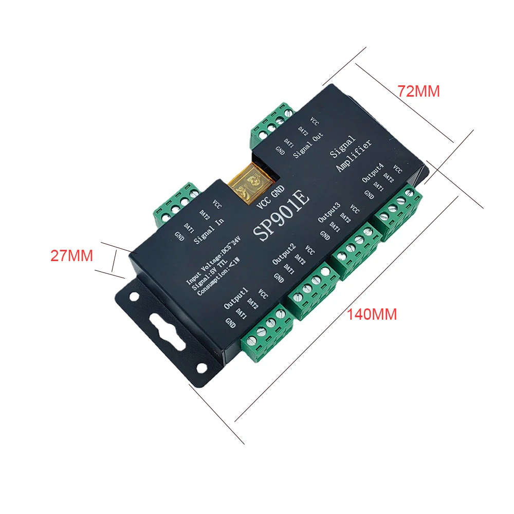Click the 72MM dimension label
pyautogui.click(x=418, y=91)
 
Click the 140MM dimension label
pyautogui.click(x=371, y=315)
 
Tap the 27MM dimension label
pyautogui.click(x=71, y=255)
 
